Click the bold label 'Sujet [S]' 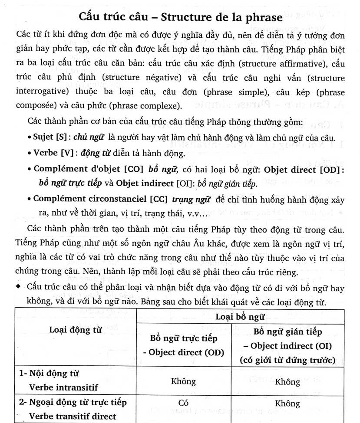pyautogui.click(x=50, y=137)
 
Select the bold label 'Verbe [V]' pyautogui.click(x=51, y=153)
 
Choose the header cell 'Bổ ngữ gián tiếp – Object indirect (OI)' pyautogui.click(x=287, y=345)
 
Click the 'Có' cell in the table pyautogui.click(x=183, y=403)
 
